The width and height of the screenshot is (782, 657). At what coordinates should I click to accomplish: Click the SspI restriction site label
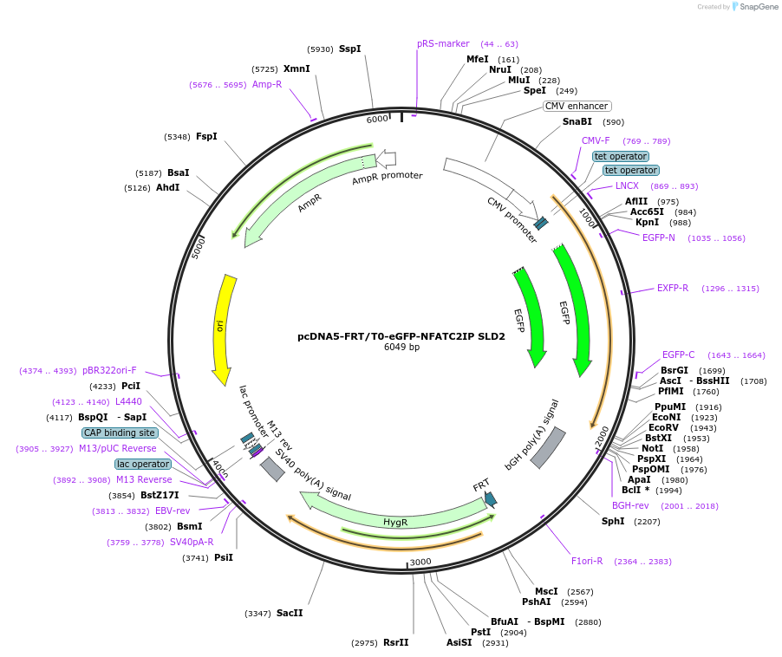[349, 49]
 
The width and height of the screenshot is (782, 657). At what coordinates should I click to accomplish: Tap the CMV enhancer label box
[577, 106]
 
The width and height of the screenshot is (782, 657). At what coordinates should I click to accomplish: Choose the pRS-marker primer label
[443, 43]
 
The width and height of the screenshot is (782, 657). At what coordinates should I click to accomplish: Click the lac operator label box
[143, 464]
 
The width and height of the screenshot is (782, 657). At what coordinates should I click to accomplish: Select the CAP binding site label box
[120, 433]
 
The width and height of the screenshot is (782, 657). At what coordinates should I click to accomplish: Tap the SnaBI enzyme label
[577, 122]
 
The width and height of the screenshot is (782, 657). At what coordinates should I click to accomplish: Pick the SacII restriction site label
[290, 613]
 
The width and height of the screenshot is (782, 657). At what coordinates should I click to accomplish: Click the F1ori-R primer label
[587, 561]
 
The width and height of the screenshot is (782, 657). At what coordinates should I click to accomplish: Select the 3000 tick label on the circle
[420, 562]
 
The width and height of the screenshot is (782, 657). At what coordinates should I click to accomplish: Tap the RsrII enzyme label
[395, 642]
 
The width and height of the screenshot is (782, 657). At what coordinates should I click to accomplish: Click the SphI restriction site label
[613, 521]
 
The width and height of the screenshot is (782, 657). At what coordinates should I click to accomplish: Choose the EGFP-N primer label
[659, 237]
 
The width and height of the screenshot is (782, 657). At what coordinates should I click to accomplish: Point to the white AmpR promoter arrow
[385, 158]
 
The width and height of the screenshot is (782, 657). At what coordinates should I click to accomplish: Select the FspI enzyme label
[206, 136]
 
